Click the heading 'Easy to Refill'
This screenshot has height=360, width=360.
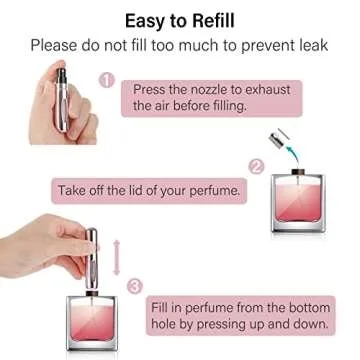coord(180,19)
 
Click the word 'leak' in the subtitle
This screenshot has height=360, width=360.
coord(312,45)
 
